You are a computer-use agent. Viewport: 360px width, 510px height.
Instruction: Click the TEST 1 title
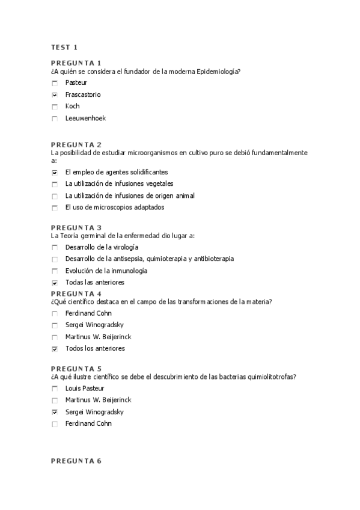pos(64,47)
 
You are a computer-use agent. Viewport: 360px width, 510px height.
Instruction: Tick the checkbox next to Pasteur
pos(55,83)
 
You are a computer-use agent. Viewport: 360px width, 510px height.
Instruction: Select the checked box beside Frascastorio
pos(55,95)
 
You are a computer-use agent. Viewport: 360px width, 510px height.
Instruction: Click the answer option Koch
pos(72,106)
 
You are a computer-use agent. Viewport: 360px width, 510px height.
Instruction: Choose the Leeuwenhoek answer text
pos(85,118)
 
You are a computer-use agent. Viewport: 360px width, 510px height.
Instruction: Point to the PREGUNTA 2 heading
pos(76,145)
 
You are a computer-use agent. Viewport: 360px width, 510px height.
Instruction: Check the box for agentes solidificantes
pos(55,173)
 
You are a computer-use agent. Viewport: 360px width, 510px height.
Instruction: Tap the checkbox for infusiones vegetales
pos(55,184)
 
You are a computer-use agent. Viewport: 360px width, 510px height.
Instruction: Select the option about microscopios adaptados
pos(115,207)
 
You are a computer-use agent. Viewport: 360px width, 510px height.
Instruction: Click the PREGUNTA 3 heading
pos(76,227)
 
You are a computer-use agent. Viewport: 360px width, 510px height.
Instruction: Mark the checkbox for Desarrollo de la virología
pos(55,247)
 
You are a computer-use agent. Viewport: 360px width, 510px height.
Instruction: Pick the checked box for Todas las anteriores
pos(55,283)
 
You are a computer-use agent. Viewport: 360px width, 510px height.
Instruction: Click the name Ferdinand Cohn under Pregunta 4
pos(88,313)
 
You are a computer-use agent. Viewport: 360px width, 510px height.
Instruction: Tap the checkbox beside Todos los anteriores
pos(55,349)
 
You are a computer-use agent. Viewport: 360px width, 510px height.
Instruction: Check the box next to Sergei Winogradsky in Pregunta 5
pos(55,412)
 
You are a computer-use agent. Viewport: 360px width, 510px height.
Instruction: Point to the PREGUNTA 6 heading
pos(76,461)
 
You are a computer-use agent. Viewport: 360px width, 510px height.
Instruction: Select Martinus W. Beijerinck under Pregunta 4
pos(98,337)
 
